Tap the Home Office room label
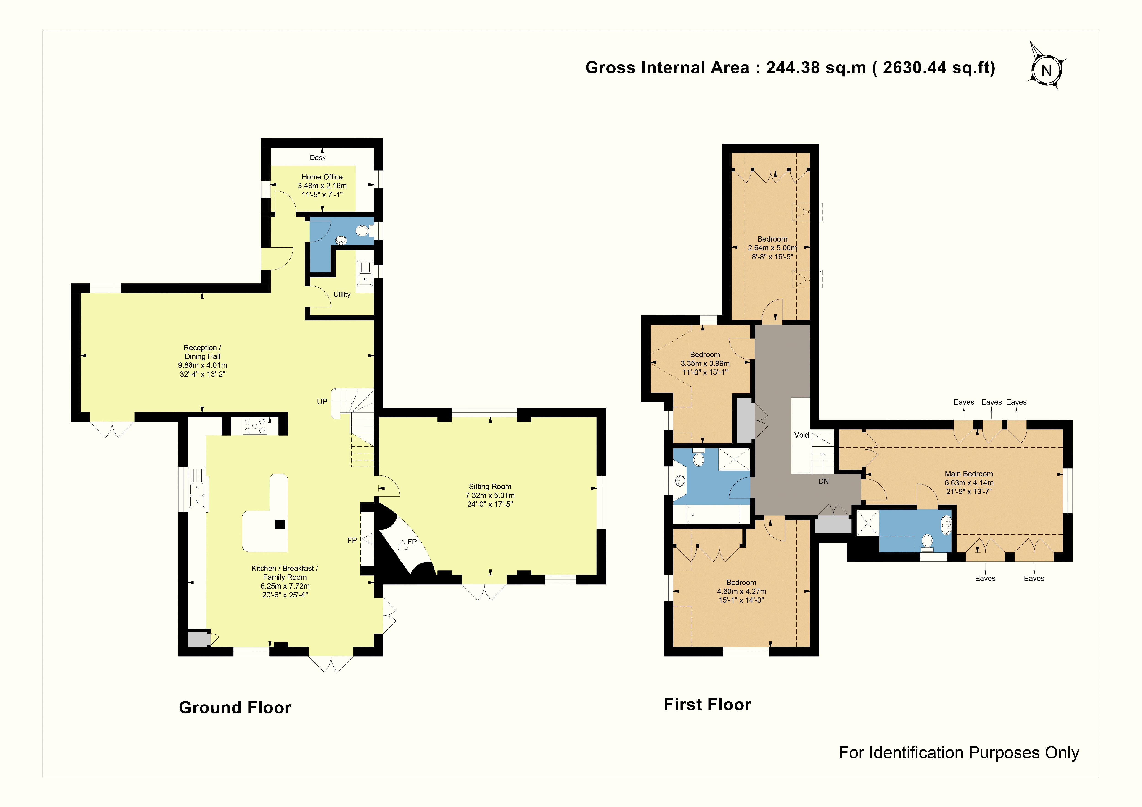tap(322, 177)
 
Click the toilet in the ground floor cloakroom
tap(365, 231)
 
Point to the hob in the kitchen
tap(255, 426)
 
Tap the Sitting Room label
tap(490, 487)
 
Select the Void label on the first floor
tap(801, 435)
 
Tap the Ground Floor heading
tap(235, 708)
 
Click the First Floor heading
tap(707, 705)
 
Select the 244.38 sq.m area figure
tap(816, 68)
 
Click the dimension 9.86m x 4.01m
tap(202, 365)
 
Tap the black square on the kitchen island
tap(280, 524)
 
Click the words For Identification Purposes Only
tap(959, 753)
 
